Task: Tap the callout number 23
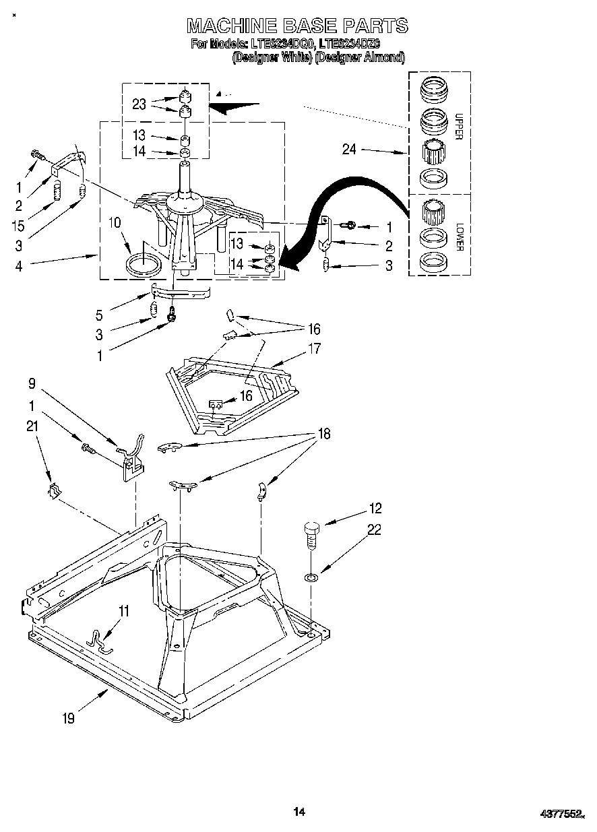click(x=139, y=104)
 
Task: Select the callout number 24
click(x=349, y=150)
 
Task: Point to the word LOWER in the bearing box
click(x=459, y=236)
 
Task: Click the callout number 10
click(x=115, y=222)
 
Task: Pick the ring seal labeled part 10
click(x=145, y=263)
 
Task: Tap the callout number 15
click(x=18, y=226)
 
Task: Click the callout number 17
click(x=315, y=349)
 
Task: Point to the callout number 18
click(x=324, y=434)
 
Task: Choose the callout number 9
click(x=31, y=384)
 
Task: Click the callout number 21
click(x=32, y=426)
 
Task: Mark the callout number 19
click(x=69, y=718)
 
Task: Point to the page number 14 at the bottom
click(x=299, y=812)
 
